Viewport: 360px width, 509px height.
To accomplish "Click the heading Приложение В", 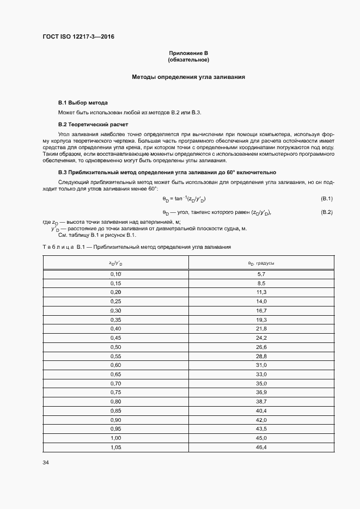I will click(x=188, y=53).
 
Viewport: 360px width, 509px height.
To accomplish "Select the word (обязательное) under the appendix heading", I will click(x=188, y=59).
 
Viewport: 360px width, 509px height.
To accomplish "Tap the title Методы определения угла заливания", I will click(x=188, y=77).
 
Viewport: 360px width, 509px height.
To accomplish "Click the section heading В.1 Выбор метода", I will click(x=83, y=102).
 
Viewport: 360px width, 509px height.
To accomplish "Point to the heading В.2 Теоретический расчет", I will click(x=93, y=125).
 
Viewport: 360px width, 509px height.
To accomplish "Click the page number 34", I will click(x=46, y=463).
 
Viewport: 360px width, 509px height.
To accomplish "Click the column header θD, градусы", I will click(x=261, y=263).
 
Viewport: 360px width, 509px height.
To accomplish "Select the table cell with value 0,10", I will click(x=115, y=274).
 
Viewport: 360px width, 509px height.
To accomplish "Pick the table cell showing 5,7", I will click(x=261, y=274).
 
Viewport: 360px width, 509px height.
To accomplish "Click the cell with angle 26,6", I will click(x=261, y=347).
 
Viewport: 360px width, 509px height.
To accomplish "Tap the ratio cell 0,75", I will click(x=115, y=392).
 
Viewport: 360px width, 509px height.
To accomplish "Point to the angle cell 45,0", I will click(x=261, y=438).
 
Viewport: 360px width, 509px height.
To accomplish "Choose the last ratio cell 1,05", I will click(x=115, y=447).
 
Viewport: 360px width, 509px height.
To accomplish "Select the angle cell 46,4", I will click(x=261, y=447).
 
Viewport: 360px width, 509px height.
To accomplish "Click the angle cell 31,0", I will click(x=261, y=365).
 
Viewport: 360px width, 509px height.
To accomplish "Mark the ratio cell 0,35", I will click(x=115, y=320).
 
